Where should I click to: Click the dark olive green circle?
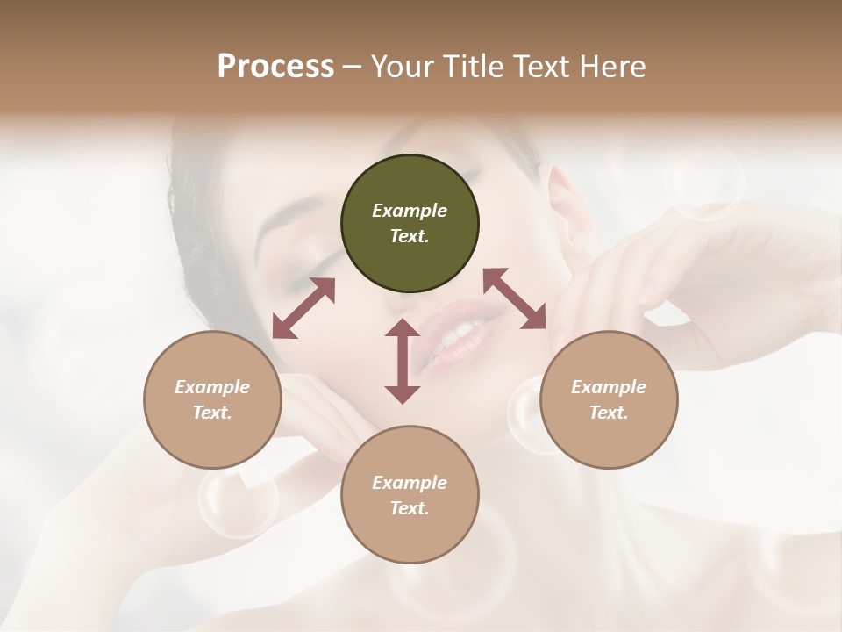(410, 224)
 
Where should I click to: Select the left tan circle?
(212, 400)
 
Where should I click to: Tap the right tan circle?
(609, 400)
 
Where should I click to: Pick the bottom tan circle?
(410, 495)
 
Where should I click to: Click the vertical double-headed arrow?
(403, 361)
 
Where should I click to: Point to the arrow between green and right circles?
(515, 298)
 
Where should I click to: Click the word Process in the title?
(275, 66)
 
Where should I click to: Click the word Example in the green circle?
(410, 211)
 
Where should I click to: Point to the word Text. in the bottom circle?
(410, 508)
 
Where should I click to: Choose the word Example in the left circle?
(212, 387)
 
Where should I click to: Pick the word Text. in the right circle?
(609, 413)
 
